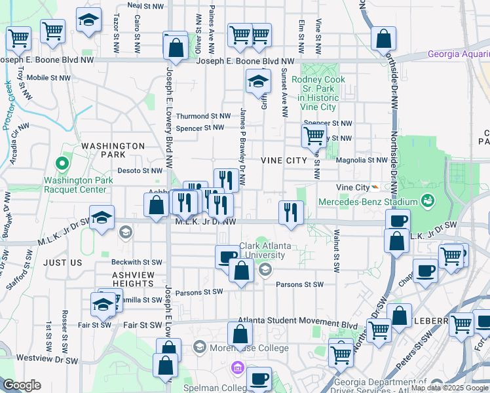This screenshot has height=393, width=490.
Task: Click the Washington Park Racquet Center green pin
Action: (63, 162)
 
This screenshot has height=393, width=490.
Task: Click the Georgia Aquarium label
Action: (458, 54)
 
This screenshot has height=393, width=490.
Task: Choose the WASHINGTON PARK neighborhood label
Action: (113, 150)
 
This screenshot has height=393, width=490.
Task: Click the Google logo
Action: (22, 385)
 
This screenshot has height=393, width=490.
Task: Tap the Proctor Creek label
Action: (8, 105)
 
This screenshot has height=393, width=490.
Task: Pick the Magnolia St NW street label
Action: (362, 160)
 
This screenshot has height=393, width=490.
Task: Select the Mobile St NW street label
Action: (48, 77)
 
